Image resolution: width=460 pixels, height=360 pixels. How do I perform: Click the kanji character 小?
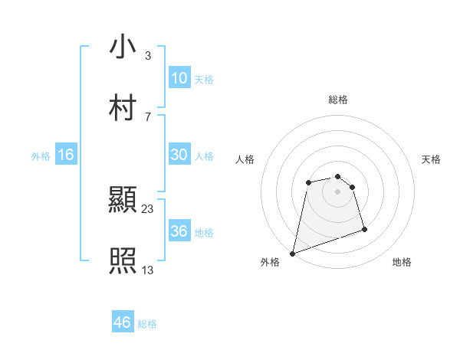(123, 47)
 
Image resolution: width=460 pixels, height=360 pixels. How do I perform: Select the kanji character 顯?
(123, 201)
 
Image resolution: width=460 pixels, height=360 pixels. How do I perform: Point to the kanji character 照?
(123, 262)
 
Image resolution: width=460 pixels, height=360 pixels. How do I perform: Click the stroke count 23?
(148, 208)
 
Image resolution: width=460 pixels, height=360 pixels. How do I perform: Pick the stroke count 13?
(148, 269)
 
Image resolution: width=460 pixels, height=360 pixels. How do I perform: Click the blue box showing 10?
(179, 78)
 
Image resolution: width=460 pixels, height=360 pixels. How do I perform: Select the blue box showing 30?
(179, 155)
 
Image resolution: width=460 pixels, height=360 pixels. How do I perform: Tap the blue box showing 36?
(179, 231)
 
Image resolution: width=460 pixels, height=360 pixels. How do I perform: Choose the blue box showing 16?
(66, 155)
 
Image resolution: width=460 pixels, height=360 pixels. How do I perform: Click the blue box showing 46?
(122, 323)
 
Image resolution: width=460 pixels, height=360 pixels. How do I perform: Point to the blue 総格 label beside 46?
(147, 324)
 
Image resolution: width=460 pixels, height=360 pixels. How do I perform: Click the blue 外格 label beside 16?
(41, 156)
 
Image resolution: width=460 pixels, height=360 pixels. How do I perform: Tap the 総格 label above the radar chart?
(338, 100)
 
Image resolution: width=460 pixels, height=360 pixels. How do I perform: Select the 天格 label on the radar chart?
(432, 159)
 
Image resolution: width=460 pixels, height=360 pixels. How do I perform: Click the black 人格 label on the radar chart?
(245, 159)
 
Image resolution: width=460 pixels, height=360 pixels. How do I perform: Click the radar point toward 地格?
(364, 229)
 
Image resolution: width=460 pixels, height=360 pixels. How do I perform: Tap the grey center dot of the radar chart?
(338, 191)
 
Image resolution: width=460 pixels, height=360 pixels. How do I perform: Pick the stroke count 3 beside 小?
(148, 55)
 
